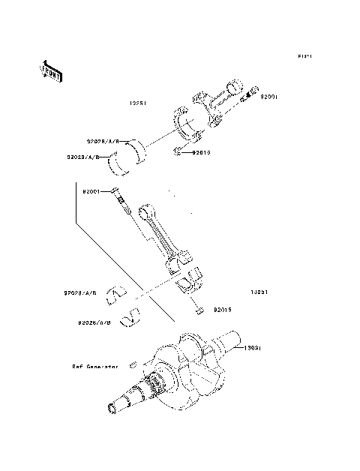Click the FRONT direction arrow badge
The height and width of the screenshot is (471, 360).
[50, 71]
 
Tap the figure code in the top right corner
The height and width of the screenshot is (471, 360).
[304, 56]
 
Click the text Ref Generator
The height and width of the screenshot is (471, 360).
[97, 367]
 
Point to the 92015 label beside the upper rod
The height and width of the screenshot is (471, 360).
[202, 152]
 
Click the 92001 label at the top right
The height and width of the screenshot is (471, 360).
[268, 97]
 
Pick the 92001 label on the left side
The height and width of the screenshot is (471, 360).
[92, 192]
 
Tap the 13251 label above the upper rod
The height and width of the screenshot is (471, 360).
[137, 103]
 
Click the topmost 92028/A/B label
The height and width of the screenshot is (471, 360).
[103, 140]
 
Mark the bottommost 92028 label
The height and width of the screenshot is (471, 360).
[95, 323]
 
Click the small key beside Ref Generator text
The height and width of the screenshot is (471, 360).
[132, 365]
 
